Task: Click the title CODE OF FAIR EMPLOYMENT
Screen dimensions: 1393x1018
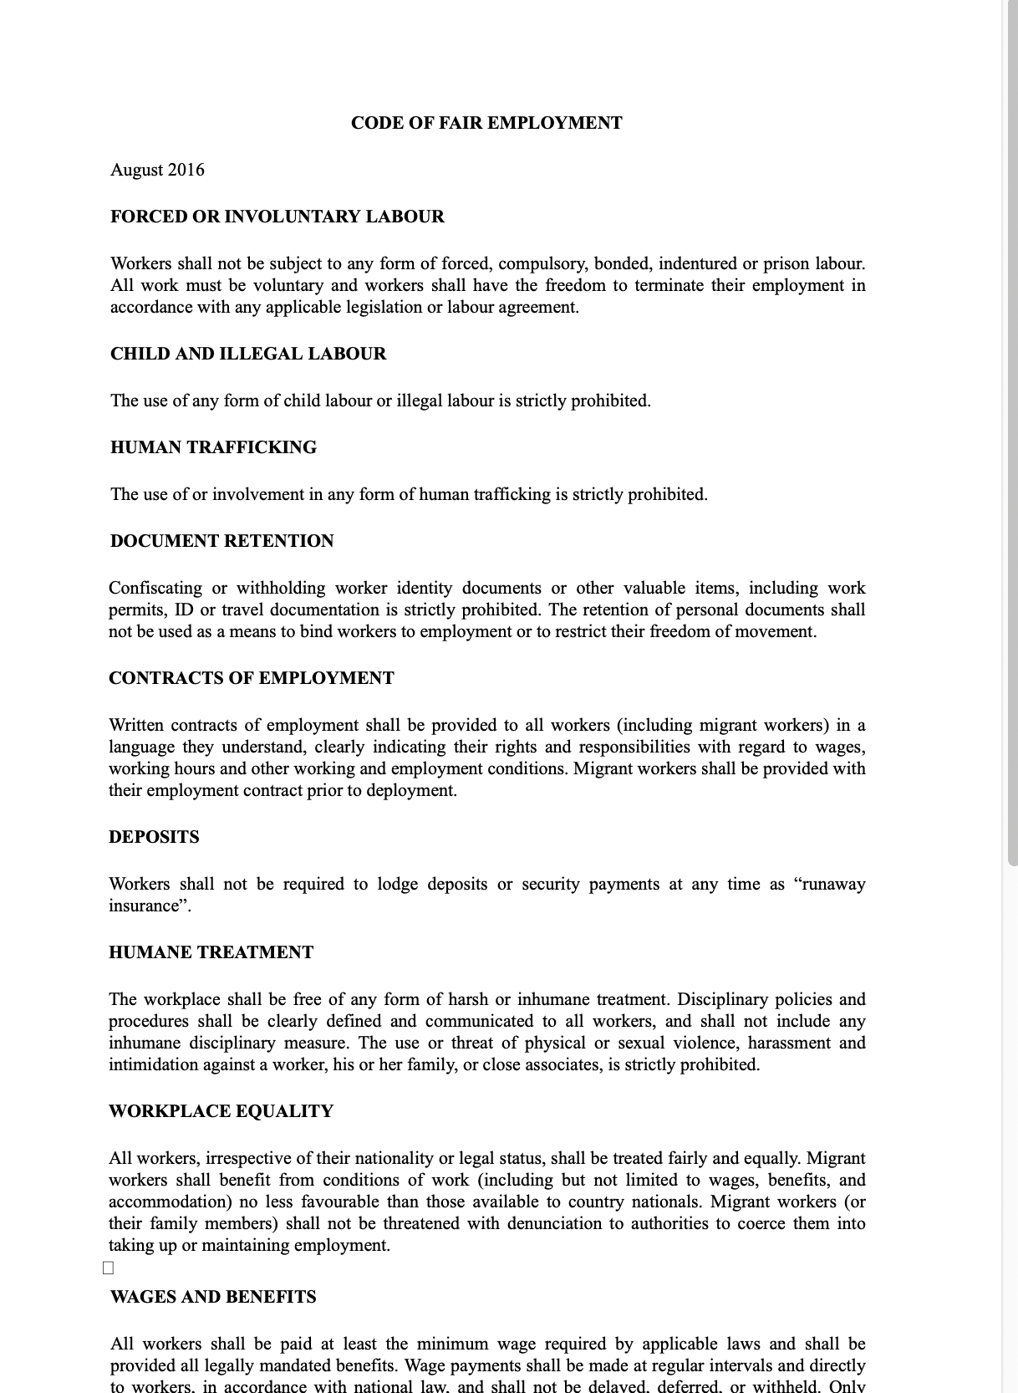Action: point(486,123)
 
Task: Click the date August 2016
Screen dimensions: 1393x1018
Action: point(157,170)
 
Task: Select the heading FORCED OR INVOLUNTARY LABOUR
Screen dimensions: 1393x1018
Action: point(277,217)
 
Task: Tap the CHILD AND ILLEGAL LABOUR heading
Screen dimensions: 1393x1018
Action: point(248,354)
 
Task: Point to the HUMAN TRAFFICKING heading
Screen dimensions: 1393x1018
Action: point(213,447)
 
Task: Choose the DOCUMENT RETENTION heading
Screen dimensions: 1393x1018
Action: point(221,541)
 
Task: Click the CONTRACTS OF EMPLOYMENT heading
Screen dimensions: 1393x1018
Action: point(251,678)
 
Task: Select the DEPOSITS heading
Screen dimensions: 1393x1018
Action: point(154,837)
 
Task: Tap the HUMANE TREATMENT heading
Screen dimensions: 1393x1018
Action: point(211,952)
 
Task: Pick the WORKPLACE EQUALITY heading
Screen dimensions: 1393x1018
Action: point(221,1111)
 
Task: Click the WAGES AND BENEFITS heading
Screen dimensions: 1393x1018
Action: point(213,1297)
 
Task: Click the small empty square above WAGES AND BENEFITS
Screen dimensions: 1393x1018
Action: point(108,1268)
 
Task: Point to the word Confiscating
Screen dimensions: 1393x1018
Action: point(155,588)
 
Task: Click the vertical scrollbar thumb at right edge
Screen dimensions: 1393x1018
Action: point(1011,435)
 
